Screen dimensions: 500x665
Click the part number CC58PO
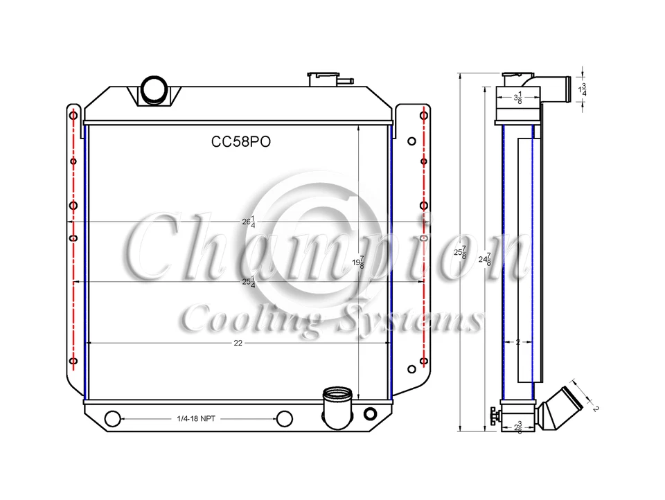coord(240,141)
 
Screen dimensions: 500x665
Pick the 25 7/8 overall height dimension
coord(460,253)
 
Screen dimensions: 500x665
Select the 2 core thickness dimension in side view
coord(517,342)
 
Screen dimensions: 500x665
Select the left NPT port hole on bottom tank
coord(112,419)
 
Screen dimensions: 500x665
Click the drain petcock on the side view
coord(493,416)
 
